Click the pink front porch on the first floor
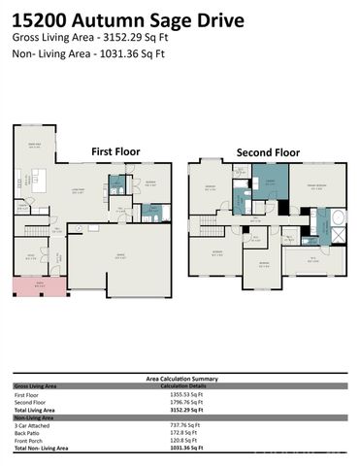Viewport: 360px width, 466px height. click(x=33, y=285)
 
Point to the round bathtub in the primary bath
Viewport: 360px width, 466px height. click(x=340, y=218)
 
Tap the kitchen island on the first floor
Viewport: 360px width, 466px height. click(x=42, y=180)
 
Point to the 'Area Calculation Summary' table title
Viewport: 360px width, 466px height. click(x=180, y=380)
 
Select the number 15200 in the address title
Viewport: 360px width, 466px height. click(x=40, y=19)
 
